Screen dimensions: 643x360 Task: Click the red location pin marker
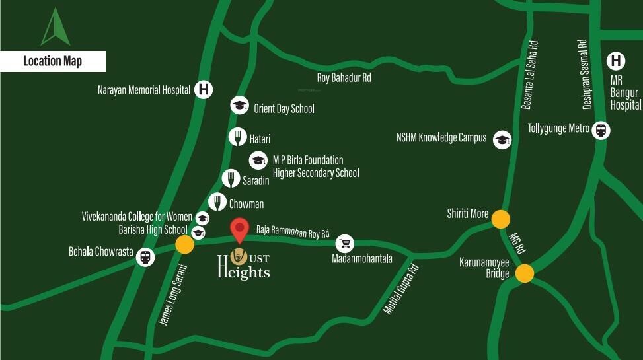tap(239, 230)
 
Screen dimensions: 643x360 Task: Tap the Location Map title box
tap(53, 61)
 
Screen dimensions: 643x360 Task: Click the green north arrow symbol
tap(56, 28)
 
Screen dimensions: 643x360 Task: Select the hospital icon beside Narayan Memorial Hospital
tap(204, 89)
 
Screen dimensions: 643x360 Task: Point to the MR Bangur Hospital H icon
tap(616, 61)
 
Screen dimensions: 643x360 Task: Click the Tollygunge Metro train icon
tap(601, 129)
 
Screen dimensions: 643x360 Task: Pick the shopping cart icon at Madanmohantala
tap(344, 243)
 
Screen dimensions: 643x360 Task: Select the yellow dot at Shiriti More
tap(500, 218)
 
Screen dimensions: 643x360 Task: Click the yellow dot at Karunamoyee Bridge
tap(525, 273)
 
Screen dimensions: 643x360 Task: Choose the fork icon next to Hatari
tap(237, 137)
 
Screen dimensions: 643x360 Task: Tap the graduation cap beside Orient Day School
tap(239, 106)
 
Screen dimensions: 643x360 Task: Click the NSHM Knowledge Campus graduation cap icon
tap(502, 139)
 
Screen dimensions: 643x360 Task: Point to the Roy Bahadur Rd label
tap(344, 78)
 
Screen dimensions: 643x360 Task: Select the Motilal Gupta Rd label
tap(401, 290)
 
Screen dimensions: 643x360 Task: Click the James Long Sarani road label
tap(174, 295)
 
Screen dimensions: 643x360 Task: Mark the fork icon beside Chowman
tap(217, 202)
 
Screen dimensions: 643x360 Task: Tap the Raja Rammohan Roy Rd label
tap(292, 233)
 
